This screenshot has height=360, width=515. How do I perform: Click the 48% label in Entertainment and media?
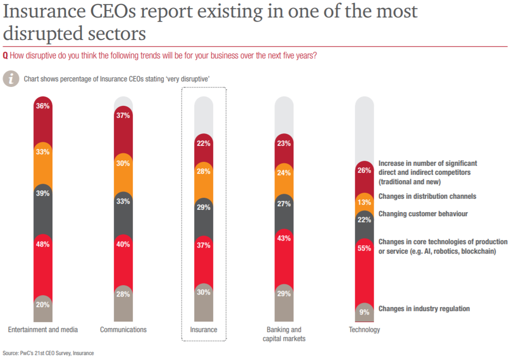pos(43,245)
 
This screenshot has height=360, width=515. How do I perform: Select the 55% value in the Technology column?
pos(364,248)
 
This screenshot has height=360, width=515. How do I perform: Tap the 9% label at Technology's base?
pos(364,313)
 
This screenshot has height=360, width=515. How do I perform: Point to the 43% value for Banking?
pos(284,239)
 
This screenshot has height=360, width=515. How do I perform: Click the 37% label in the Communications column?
pos(123,116)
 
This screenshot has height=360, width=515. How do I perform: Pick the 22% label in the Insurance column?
pos(204,143)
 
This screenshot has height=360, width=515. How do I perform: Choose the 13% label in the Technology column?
pos(364,202)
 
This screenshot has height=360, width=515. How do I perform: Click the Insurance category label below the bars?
pos(204,330)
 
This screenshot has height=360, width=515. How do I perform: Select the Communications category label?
pos(123,330)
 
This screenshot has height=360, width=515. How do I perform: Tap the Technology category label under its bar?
pos(364,330)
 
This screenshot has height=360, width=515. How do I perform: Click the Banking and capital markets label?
pos(284,334)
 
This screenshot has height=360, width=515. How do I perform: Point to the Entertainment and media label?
pos(43,330)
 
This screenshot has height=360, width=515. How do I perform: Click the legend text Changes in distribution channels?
pos(427,196)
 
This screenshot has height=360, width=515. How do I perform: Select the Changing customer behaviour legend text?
pos(423,214)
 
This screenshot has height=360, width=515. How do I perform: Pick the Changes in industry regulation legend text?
pos(424,309)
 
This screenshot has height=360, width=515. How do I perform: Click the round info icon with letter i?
pos(10,79)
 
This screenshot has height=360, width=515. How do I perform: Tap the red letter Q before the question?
pos(5,55)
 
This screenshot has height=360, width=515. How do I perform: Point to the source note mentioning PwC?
pos(48,353)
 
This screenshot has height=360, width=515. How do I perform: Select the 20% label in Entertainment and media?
pos(43,305)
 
